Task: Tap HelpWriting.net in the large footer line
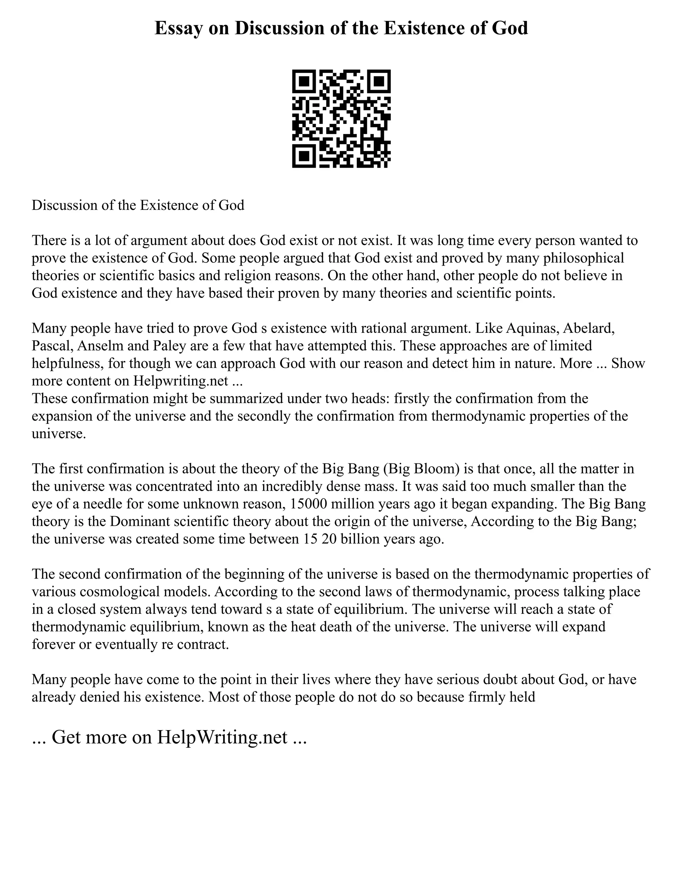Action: pyautogui.click(x=222, y=737)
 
